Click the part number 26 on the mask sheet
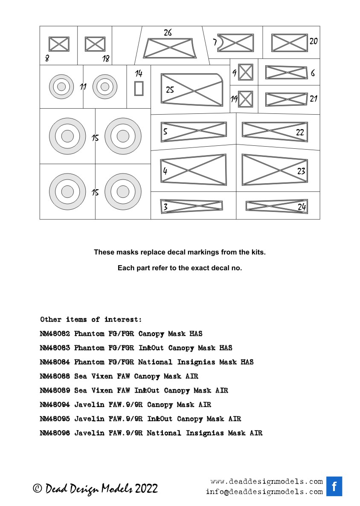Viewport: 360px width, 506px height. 168,33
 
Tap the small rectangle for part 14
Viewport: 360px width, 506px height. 139,88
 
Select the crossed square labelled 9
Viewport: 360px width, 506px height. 246,72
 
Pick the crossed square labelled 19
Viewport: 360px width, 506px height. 246,99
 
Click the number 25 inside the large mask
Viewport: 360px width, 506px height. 170,90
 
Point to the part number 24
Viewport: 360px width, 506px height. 302,207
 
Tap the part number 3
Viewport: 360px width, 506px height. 165,207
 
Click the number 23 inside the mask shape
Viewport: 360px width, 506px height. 301,171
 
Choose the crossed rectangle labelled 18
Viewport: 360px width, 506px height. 95,44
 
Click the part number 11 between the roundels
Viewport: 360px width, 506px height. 83,87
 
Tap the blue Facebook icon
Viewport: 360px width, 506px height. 334,486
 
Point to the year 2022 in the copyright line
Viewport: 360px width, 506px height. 146,489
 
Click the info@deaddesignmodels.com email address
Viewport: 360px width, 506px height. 264,492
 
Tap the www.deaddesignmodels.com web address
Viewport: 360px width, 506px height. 267,481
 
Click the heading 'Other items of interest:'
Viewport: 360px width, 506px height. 91,319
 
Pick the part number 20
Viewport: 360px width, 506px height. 314,41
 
